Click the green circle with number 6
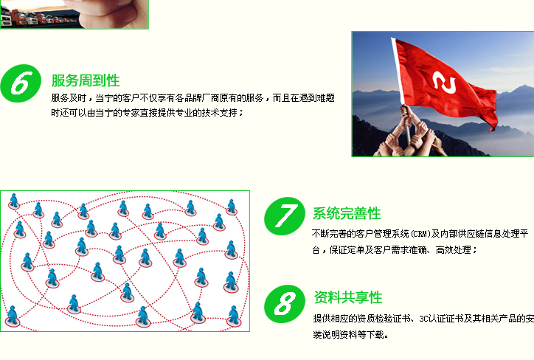[x=21, y=83]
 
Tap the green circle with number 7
[x=285, y=216]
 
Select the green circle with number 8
[x=285, y=304]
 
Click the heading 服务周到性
[x=86, y=80]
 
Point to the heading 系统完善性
[x=347, y=213]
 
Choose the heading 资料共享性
[x=348, y=297]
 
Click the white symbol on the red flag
[x=444, y=83]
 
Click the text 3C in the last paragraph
[x=423, y=319]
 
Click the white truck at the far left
[x=5, y=17]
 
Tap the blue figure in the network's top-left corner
[x=13, y=201]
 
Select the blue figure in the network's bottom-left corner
[x=13, y=316]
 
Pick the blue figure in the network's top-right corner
[x=232, y=207]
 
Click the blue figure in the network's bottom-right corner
[x=234, y=316]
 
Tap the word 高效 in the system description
[x=445, y=250]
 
